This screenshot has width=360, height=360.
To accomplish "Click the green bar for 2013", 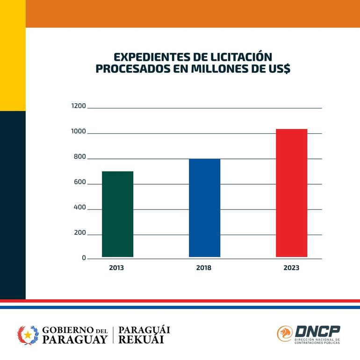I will click(x=117, y=214).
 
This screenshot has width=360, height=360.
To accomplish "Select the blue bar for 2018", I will click(x=204, y=208).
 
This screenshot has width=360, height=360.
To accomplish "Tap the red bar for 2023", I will click(x=291, y=193).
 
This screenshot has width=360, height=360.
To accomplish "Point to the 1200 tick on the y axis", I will click(x=79, y=106).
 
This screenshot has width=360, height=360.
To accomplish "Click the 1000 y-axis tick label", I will click(x=79, y=132).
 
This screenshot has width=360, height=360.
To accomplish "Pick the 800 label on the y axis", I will click(x=79, y=157).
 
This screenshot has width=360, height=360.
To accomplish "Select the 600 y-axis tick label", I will click(x=79, y=182).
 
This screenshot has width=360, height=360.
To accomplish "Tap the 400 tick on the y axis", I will click(x=79, y=208).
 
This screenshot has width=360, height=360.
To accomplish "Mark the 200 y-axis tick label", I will click(x=79, y=233).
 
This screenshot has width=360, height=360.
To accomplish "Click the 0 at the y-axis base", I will click(x=84, y=258).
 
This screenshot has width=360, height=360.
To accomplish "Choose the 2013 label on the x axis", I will click(x=116, y=268).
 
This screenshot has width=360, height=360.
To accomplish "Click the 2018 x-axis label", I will click(x=203, y=268).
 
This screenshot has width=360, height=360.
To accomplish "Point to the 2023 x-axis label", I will click(x=291, y=268).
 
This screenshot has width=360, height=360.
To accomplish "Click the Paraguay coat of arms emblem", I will click(x=27, y=335).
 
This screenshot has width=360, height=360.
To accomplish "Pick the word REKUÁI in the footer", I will click(x=141, y=340).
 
